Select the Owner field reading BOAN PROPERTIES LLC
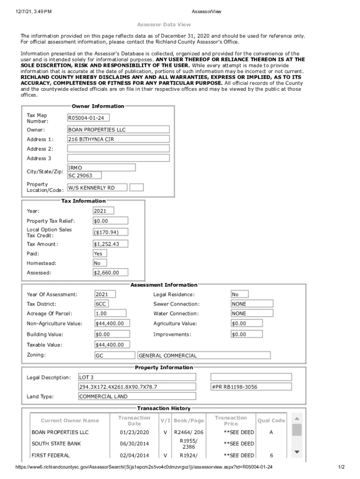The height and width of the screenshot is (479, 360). (x=118, y=130)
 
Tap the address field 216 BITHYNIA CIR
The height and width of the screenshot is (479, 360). (x=118, y=139)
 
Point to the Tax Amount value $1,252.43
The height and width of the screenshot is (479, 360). (x=110, y=244)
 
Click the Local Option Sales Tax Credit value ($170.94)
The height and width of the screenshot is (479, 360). (x=110, y=232)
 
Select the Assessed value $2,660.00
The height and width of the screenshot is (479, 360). (x=110, y=273)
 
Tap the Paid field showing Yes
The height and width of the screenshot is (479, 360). (x=100, y=254)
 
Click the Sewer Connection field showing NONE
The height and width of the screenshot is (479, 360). (x=246, y=304)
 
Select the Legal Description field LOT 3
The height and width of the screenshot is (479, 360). (x=137, y=377)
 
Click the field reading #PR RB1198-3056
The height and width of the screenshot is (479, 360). (x=251, y=387)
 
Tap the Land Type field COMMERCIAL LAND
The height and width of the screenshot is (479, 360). (x=137, y=397)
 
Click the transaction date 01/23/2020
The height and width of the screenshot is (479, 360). (x=134, y=432)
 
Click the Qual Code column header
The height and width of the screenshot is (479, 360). (x=271, y=421)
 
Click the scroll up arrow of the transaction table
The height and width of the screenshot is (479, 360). (x=297, y=418)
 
